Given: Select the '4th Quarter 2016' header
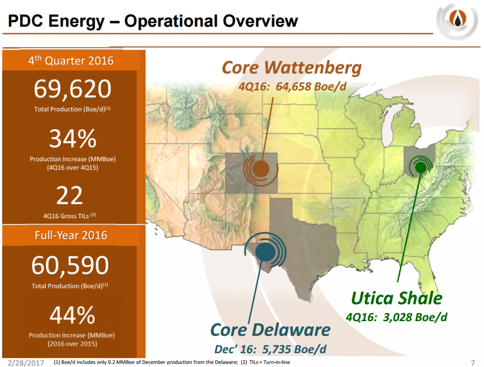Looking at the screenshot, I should [x=70, y=61].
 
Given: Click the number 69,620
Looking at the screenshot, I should [x=72, y=89].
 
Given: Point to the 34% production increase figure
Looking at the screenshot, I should [x=73, y=139].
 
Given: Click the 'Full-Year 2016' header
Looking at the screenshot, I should [x=70, y=235].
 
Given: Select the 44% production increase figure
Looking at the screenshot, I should [x=72, y=316].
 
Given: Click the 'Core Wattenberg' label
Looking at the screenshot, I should [x=292, y=68].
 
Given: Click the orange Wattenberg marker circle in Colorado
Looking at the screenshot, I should [x=259, y=168].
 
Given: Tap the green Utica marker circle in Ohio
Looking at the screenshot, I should [x=419, y=166].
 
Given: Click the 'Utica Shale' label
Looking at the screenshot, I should [x=396, y=298].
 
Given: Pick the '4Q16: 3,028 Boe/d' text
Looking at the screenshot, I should [x=396, y=316].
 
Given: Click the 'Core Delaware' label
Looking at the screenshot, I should [x=270, y=330].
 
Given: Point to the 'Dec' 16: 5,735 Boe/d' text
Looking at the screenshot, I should [x=270, y=350].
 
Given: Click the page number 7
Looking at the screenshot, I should [x=473, y=362].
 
